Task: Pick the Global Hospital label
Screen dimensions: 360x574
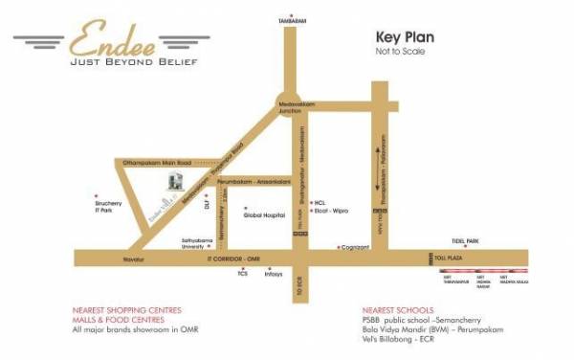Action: (x=265, y=216)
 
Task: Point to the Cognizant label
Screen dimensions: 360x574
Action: (x=357, y=247)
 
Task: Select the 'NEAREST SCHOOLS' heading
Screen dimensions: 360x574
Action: (x=394, y=310)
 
